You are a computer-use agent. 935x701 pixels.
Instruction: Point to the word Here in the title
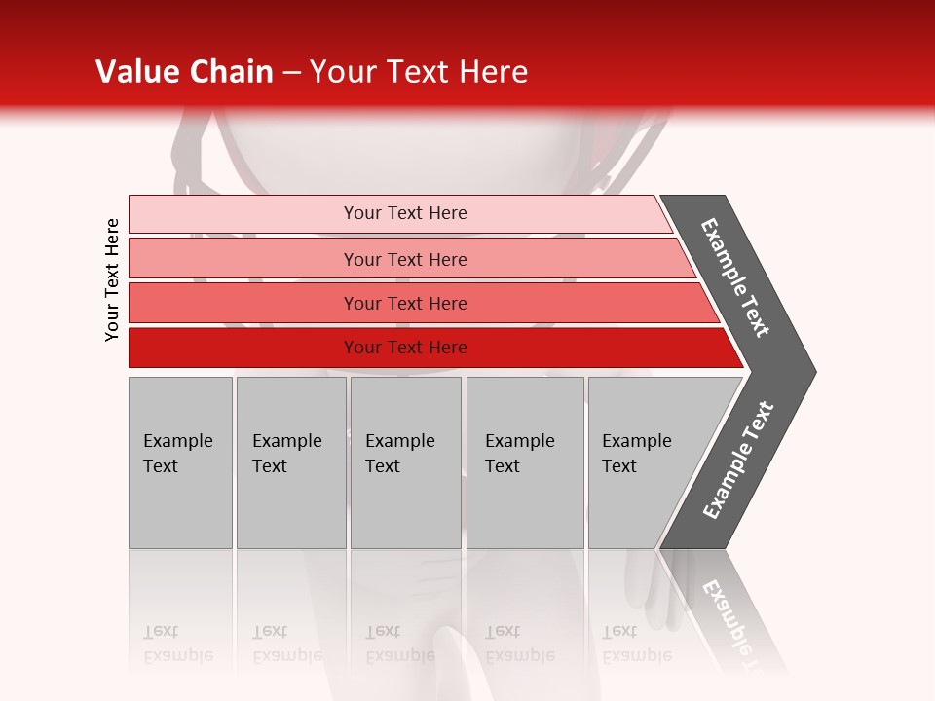tap(492, 72)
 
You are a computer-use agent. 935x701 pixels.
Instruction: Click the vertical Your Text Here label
tap(112, 279)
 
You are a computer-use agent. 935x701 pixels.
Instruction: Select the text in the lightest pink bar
tap(405, 213)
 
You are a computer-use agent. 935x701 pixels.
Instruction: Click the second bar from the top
tap(405, 259)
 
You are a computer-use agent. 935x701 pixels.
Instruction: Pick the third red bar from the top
tap(405, 304)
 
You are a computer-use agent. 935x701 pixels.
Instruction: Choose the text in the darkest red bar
tap(405, 348)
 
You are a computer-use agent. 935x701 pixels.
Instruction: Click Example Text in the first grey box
tap(177, 454)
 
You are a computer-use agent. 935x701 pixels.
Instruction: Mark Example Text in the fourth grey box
tap(519, 454)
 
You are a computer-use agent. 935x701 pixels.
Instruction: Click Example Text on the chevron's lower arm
tap(738, 460)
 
